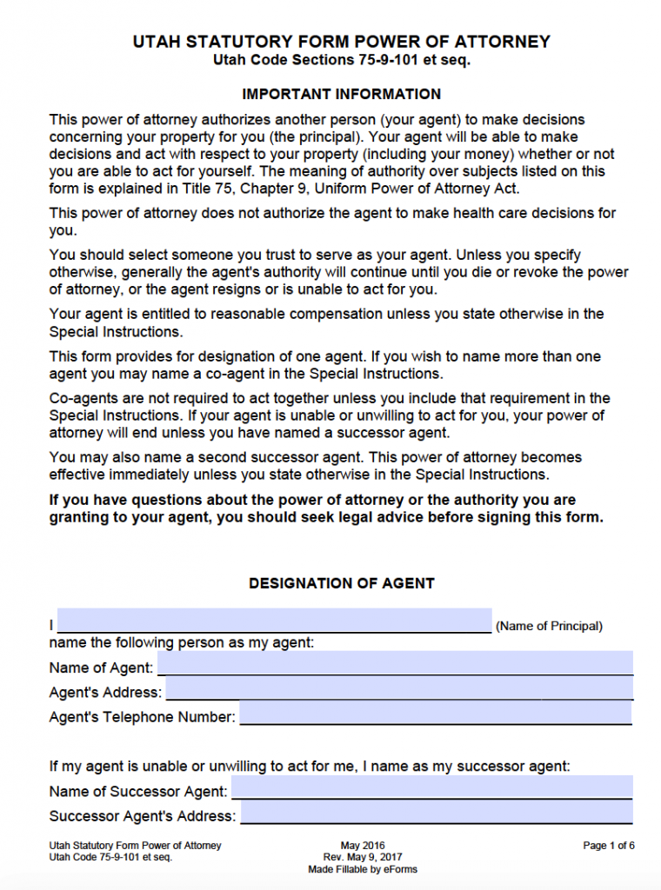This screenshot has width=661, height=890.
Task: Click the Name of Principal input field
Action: [274, 621]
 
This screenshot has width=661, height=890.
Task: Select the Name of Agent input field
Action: [395, 663]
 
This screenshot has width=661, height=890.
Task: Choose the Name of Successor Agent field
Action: [431, 787]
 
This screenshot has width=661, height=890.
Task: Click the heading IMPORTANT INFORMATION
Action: [341, 94]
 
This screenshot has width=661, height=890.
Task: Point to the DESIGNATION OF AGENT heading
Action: [342, 583]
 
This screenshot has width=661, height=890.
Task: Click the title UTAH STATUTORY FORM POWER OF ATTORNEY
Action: [342, 42]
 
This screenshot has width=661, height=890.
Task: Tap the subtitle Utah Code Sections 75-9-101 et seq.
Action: [342, 61]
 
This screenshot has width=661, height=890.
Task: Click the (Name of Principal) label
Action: [549, 626]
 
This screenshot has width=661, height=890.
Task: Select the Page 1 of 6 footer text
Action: [609, 845]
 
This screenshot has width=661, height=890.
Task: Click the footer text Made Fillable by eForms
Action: [363, 869]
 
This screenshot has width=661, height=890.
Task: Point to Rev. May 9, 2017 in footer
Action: [363, 857]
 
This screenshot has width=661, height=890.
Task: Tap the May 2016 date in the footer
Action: [363, 845]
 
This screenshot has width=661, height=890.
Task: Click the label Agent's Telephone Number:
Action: [143, 717]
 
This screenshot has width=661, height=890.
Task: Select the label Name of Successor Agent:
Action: [138, 792]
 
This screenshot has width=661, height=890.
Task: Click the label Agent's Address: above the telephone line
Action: [105, 693]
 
